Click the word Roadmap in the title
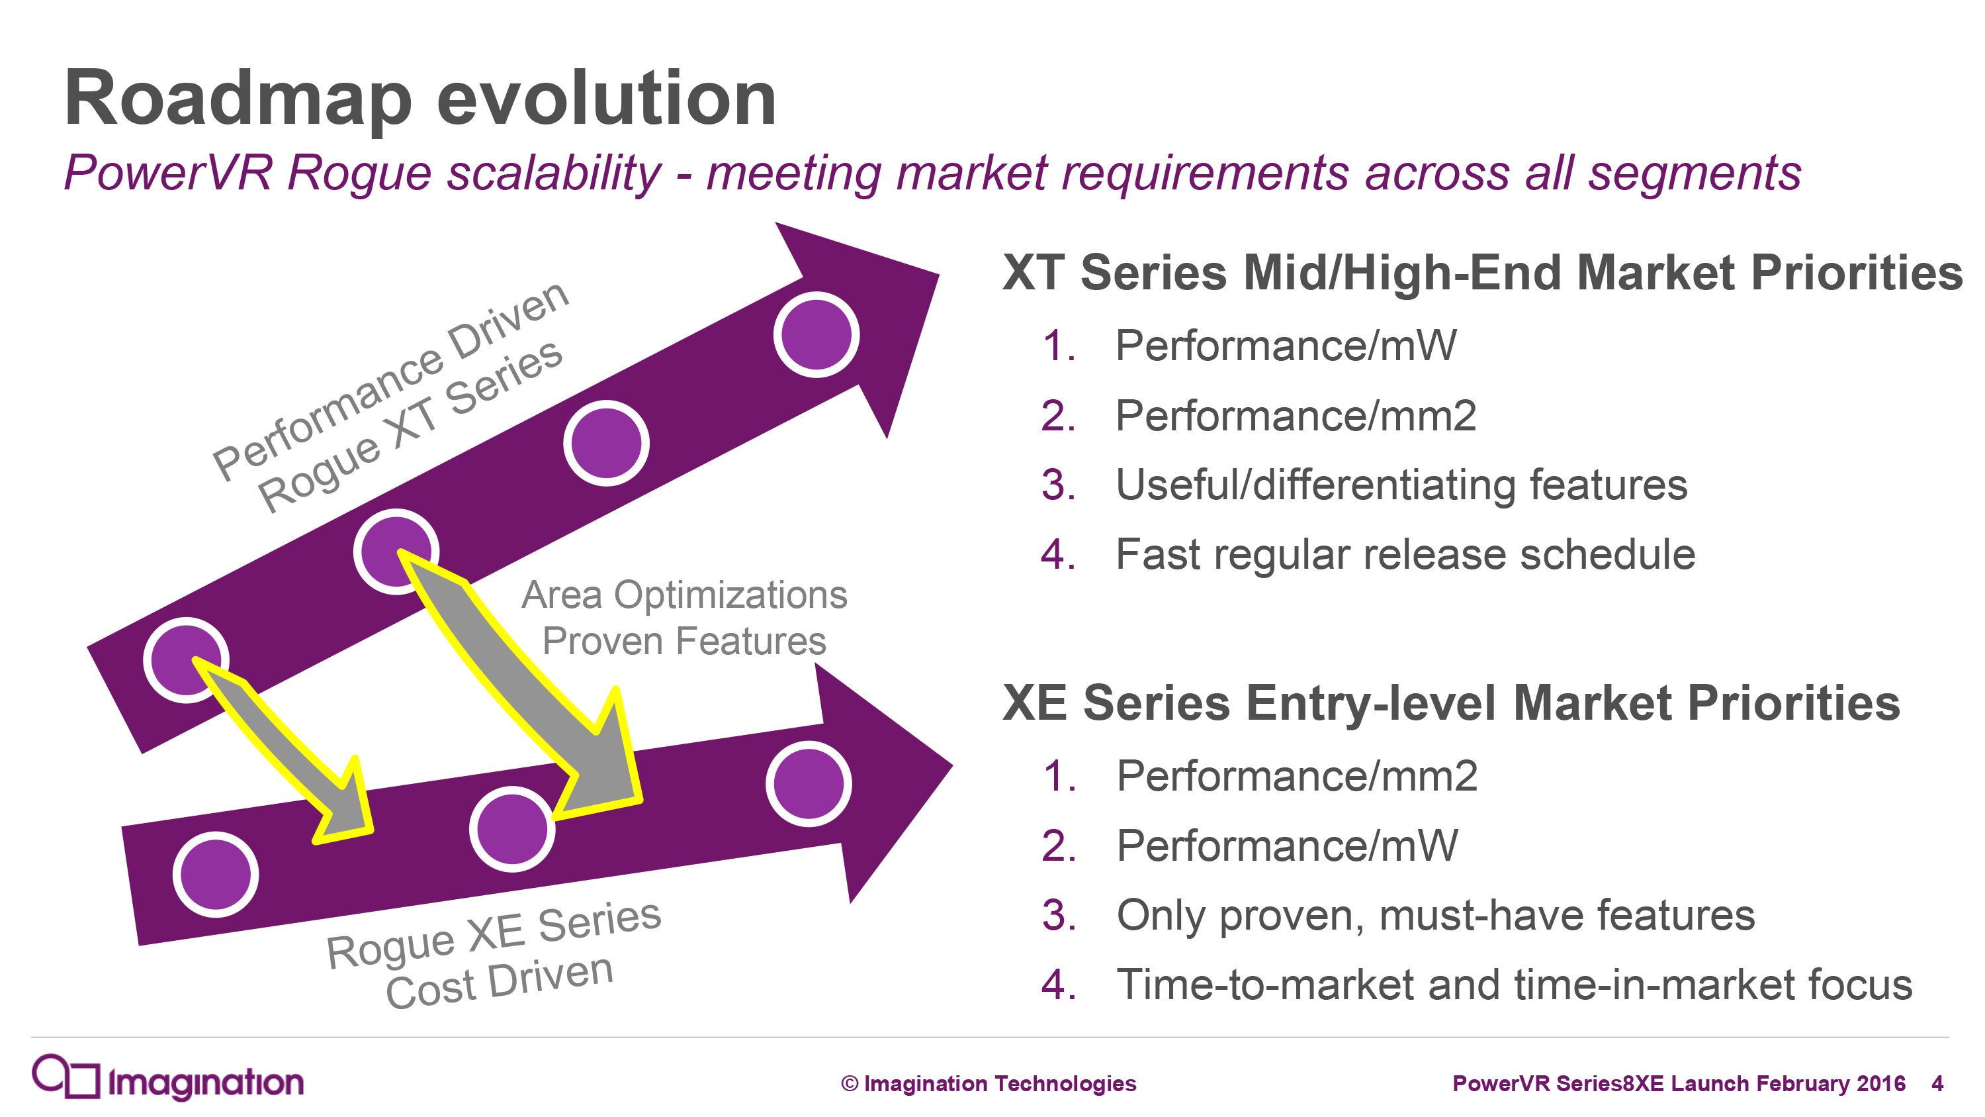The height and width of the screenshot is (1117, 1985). pyautogui.click(x=238, y=99)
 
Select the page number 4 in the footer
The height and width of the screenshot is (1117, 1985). pyautogui.click(x=1937, y=1083)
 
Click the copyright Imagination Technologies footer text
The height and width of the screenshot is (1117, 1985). pyautogui.click(x=989, y=1083)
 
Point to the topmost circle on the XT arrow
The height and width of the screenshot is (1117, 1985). pyautogui.click(x=816, y=334)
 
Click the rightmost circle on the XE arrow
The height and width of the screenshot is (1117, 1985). pyautogui.click(x=809, y=784)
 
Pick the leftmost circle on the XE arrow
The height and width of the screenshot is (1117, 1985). pyautogui.click(x=216, y=874)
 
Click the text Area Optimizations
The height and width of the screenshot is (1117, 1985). pyautogui.click(x=684, y=595)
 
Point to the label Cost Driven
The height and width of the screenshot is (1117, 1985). pyautogui.click(x=500, y=981)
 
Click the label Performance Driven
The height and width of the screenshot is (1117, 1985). pyautogui.click(x=390, y=380)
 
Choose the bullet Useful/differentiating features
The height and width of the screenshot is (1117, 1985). pyautogui.click(x=1401, y=485)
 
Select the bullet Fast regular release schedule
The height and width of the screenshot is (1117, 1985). pyautogui.click(x=1405, y=554)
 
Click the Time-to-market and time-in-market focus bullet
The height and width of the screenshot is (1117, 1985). pyautogui.click(x=1514, y=985)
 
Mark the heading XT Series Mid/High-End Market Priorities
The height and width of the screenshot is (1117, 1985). pyautogui.click(x=1483, y=272)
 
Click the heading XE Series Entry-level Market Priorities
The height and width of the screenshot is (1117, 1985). pyautogui.click(x=1451, y=703)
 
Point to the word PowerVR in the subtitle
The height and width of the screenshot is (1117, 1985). pyautogui.click(x=168, y=172)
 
